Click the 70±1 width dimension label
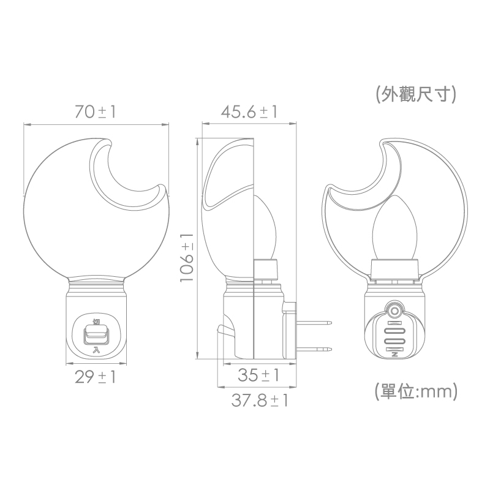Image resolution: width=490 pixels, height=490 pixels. (96, 111)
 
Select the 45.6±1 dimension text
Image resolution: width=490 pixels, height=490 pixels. (249, 111)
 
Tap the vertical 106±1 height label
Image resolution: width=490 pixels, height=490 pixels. (187, 257)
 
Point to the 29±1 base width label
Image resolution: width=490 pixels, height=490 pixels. (96, 377)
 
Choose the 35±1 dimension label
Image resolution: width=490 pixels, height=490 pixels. (258, 375)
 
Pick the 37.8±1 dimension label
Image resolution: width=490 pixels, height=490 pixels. (259, 401)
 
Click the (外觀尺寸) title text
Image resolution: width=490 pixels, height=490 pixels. (416, 94)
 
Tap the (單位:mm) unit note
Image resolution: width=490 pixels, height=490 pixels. (416, 391)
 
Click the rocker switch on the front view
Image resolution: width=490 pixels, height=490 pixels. (97, 334)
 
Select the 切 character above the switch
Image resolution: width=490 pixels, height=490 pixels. (96, 322)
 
